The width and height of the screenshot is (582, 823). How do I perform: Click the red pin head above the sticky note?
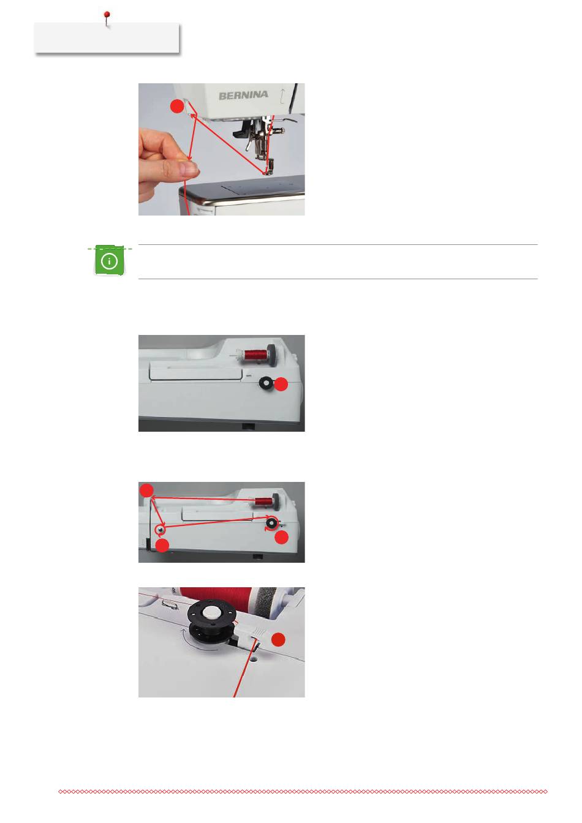tap(107, 14)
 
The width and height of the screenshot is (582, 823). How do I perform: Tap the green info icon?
tap(109, 261)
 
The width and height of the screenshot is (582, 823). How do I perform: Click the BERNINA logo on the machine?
tap(243, 96)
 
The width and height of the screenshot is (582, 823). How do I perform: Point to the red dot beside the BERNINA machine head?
tap(177, 106)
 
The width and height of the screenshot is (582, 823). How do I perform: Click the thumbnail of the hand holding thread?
tap(221, 149)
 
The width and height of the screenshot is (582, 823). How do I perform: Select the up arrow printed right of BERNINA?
tap(282, 96)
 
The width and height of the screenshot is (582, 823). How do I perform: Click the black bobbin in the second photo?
tap(266, 383)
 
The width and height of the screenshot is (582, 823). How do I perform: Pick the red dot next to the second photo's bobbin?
tap(281, 385)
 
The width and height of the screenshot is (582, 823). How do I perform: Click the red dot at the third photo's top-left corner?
tap(146, 490)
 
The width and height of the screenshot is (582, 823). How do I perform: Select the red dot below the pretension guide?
tap(162, 546)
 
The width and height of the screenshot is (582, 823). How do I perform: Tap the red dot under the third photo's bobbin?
tap(282, 538)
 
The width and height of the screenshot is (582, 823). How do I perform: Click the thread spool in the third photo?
tap(264, 501)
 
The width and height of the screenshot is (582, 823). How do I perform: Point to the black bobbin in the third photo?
tap(271, 522)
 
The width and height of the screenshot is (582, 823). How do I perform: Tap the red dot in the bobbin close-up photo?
tap(278, 640)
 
